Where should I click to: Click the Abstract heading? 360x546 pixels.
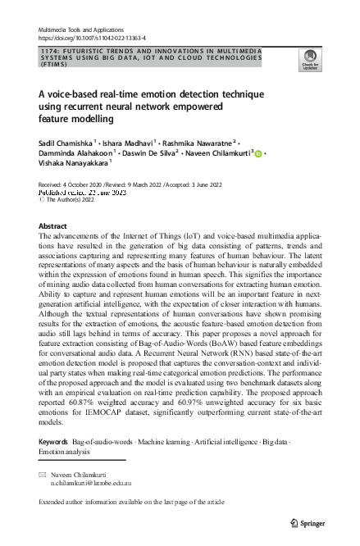[x=53, y=202]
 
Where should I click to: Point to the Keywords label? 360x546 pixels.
[x=54, y=442]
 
